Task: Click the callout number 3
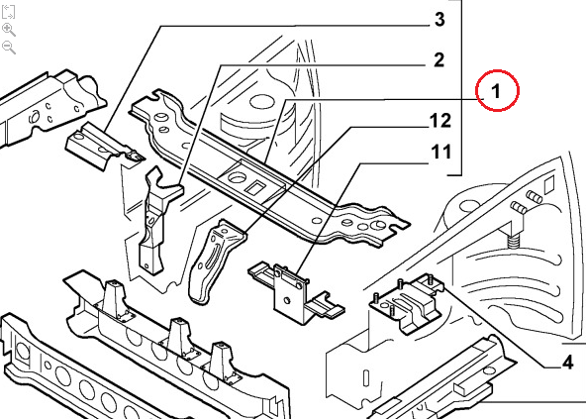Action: pyautogui.click(x=439, y=19)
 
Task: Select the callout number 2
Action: pyautogui.click(x=439, y=60)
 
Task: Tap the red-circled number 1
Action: pyautogui.click(x=496, y=91)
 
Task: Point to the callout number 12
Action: pyautogui.click(x=439, y=121)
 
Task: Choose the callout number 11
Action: pyautogui.click(x=441, y=153)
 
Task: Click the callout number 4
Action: pyautogui.click(x=567, y=363)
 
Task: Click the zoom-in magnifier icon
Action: pyautogui.click(x=9, y=30)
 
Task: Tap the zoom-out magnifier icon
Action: pyautogui.click(x=9, y=48)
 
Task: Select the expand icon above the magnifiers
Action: pyautogui.click(x=8, y=11)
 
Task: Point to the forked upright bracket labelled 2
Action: pyautogui.click(x=157, y=219)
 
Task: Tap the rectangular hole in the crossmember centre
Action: pyautogui.click(x=255, y=186)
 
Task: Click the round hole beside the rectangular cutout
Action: pyautogui.click(x=237, y=177)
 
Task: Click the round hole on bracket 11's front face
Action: pyautogui.click(x=287, y=300)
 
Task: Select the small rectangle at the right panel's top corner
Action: pyautogui.click(x=548, y=185)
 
